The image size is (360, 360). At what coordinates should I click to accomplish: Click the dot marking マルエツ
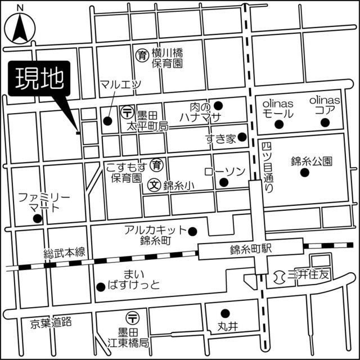(x=107, y=120)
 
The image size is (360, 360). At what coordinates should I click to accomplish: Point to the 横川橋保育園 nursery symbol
(x=142, y=55)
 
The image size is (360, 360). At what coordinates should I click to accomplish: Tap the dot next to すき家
(x=242, y=137)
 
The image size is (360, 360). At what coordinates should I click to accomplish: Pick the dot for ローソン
(x=223, y=182)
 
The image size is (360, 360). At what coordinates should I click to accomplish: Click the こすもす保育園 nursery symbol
(x=159, y=165)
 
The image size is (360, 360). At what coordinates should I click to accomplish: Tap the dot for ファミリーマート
(x=37, y=218)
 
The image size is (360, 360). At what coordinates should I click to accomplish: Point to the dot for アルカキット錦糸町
(x=192, y=231)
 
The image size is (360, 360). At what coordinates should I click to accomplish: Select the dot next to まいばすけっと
(x=100, y=287)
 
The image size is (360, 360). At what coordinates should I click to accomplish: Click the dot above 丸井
(x=225, y=313)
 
